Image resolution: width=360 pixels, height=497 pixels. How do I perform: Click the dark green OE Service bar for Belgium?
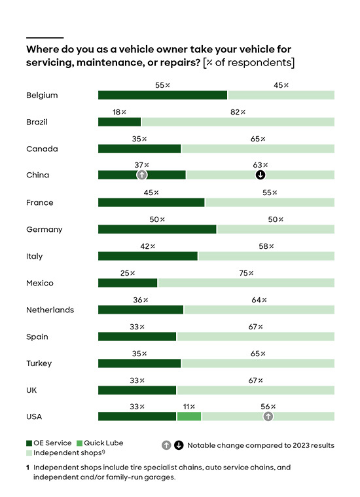(162, 95)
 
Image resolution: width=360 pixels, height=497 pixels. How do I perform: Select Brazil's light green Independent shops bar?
(238, 122)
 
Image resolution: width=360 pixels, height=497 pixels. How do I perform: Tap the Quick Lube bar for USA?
(189, 416)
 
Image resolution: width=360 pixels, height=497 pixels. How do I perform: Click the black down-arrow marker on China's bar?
(261, 175)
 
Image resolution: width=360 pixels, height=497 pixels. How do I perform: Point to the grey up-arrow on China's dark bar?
(141, 175)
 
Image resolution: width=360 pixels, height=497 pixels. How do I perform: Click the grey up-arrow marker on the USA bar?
(268, 416)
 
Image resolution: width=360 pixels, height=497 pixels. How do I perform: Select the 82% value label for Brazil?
(238, 112)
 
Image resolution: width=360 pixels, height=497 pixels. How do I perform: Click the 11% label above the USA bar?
(189, 407)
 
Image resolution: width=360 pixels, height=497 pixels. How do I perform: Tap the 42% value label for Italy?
(148, 246)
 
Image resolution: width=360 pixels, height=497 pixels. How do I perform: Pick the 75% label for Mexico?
(246, 273)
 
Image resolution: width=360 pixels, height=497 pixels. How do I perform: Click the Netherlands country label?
(50, 310)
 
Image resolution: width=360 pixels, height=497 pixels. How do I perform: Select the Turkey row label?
(39, 363)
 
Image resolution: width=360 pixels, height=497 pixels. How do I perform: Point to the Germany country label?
(45, 230)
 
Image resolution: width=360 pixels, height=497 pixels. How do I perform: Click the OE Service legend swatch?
(29, 443)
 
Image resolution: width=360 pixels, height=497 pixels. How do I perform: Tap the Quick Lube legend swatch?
(80, 443)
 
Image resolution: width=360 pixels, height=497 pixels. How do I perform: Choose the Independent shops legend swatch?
(29, 453)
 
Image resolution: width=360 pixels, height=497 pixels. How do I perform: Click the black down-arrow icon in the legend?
(179, 445)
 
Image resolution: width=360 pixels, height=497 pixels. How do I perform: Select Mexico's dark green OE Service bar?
(128, 283)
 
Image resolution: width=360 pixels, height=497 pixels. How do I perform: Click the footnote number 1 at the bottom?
(28, 468)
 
